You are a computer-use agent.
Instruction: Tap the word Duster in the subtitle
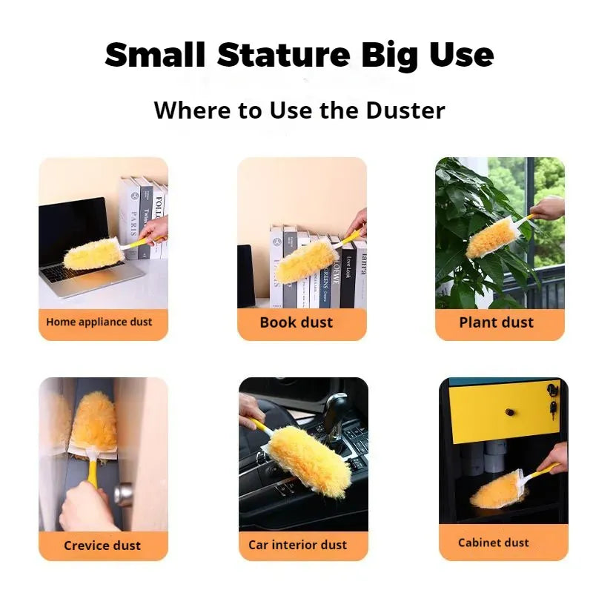pyautogui.click(x=405, y=110)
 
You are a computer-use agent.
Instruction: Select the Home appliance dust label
pyautogui.click(x=99, y=322)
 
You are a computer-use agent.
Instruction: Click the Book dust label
pyautogui.click(x=296, y=322)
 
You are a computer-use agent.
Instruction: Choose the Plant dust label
pyautogui.click(x=496, y=322)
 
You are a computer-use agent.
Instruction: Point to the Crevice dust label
pyautogui.click(x=102, y=545)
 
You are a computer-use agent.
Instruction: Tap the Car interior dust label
pyautogui.click(x=297, y=545)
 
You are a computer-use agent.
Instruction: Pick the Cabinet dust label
pyautogui.click(x=493, y=543)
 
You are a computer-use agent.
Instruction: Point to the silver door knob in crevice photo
pyautogui.click(x=123, y=494)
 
